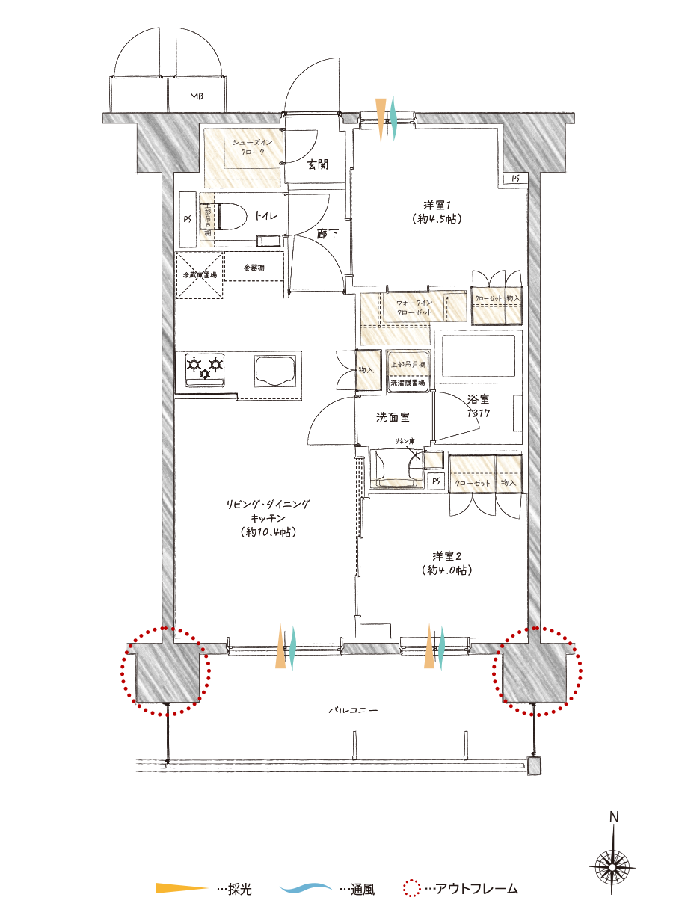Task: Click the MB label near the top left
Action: pos(196,96)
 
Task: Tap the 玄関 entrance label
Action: pos(318,165)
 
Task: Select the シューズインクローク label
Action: pos(251,147)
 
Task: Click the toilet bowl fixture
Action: pos(232,218)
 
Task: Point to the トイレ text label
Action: pos(266,216)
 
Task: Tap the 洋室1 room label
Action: pos(435,205)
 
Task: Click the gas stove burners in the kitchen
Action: pos(205,367)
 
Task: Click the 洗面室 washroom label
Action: pos(393,416)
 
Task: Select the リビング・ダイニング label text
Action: pos(267,505)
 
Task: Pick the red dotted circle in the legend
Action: pos(412,888)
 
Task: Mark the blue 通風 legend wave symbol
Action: pos(307,888)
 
